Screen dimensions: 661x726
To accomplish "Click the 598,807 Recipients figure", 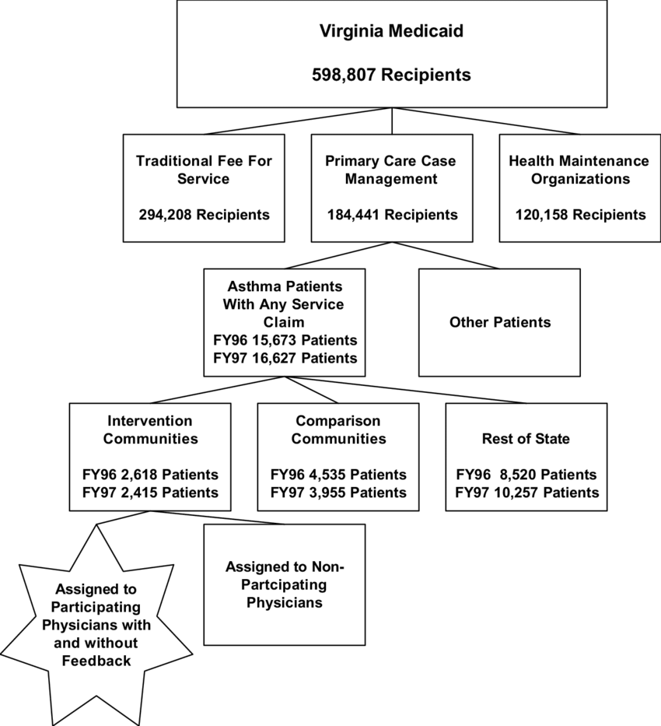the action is [391, 75].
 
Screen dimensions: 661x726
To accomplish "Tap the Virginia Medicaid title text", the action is [391, 31].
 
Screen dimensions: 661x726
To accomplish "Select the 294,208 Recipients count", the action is [204, 215].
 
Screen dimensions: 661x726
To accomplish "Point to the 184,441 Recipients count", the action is [392, 215].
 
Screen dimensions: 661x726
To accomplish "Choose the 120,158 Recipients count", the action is [581, 215].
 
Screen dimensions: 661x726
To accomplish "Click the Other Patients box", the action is [499, 323].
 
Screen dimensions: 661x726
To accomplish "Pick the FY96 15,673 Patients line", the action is [285, 340].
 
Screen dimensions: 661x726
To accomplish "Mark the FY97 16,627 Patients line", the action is [285, 359].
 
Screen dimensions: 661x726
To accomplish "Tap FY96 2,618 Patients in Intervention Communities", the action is [150, 475].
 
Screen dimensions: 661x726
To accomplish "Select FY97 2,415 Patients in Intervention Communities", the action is [150, 493].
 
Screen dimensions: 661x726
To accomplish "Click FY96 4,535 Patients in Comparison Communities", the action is [338, 475].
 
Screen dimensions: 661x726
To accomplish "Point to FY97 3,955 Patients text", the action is [338, 493].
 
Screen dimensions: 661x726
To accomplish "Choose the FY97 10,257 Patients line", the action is [527, 493].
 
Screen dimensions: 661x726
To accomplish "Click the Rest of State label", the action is [526, 438].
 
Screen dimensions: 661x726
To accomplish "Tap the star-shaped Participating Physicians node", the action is [96, 625].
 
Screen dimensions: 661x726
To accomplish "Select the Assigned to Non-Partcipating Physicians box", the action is [285, 585].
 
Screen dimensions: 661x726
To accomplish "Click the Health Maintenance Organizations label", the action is [579, 170].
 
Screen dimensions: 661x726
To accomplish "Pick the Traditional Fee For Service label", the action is [204, 170].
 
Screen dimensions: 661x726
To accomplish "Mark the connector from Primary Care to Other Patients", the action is [446, 255].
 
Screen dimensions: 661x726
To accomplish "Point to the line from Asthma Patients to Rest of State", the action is [406, 390].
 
